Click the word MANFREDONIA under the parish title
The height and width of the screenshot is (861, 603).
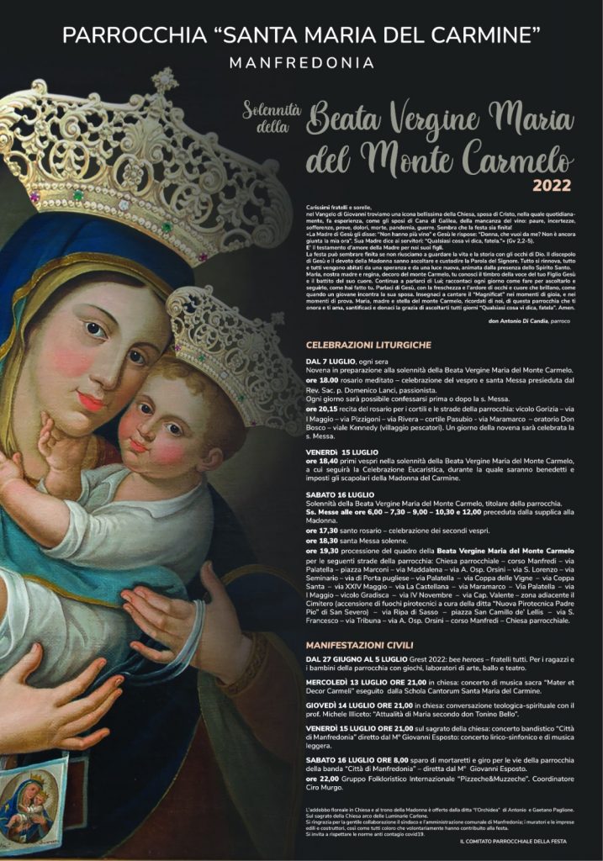pos(302,63)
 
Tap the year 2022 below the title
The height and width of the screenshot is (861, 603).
pos(552,185)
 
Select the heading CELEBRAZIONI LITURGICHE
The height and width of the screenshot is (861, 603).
pos(368,346)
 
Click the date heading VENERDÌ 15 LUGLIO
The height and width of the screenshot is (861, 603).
pos(342,452)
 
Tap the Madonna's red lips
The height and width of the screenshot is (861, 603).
pos(90,400)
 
